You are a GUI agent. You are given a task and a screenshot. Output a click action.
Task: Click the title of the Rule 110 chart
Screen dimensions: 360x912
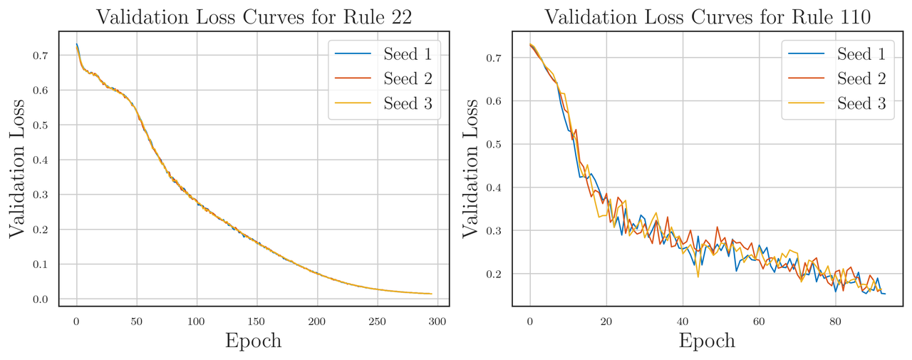click(708, 16)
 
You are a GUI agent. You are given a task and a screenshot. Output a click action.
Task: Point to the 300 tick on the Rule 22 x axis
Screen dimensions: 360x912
click(437, 322)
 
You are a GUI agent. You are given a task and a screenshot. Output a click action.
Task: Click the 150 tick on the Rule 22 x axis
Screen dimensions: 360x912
click(257, 322)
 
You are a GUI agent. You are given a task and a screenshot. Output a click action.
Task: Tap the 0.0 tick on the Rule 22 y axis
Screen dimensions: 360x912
click(41, 299)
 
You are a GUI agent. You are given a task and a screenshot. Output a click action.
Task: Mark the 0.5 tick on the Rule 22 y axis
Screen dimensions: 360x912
click(41, 125)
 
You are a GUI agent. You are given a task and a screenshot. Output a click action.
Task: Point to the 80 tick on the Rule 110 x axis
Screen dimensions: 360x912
click(836, 322)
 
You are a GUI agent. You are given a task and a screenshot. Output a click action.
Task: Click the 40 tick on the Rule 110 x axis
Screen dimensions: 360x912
click(683, 322)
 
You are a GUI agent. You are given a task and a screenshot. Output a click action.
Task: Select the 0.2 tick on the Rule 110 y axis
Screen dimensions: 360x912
click(494, 274)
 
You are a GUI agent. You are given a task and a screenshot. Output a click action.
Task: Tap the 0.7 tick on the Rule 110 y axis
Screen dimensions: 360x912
click(494, 58)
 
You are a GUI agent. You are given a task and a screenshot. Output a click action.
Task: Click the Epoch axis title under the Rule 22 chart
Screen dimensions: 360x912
click(254, 341)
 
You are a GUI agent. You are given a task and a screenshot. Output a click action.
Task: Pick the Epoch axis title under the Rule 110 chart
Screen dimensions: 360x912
click(707, 341)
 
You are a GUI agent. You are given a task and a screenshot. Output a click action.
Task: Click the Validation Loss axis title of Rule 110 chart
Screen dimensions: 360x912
click(471, 168)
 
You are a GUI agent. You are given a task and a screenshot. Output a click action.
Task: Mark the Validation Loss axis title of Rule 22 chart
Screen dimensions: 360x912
click(17, 168)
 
